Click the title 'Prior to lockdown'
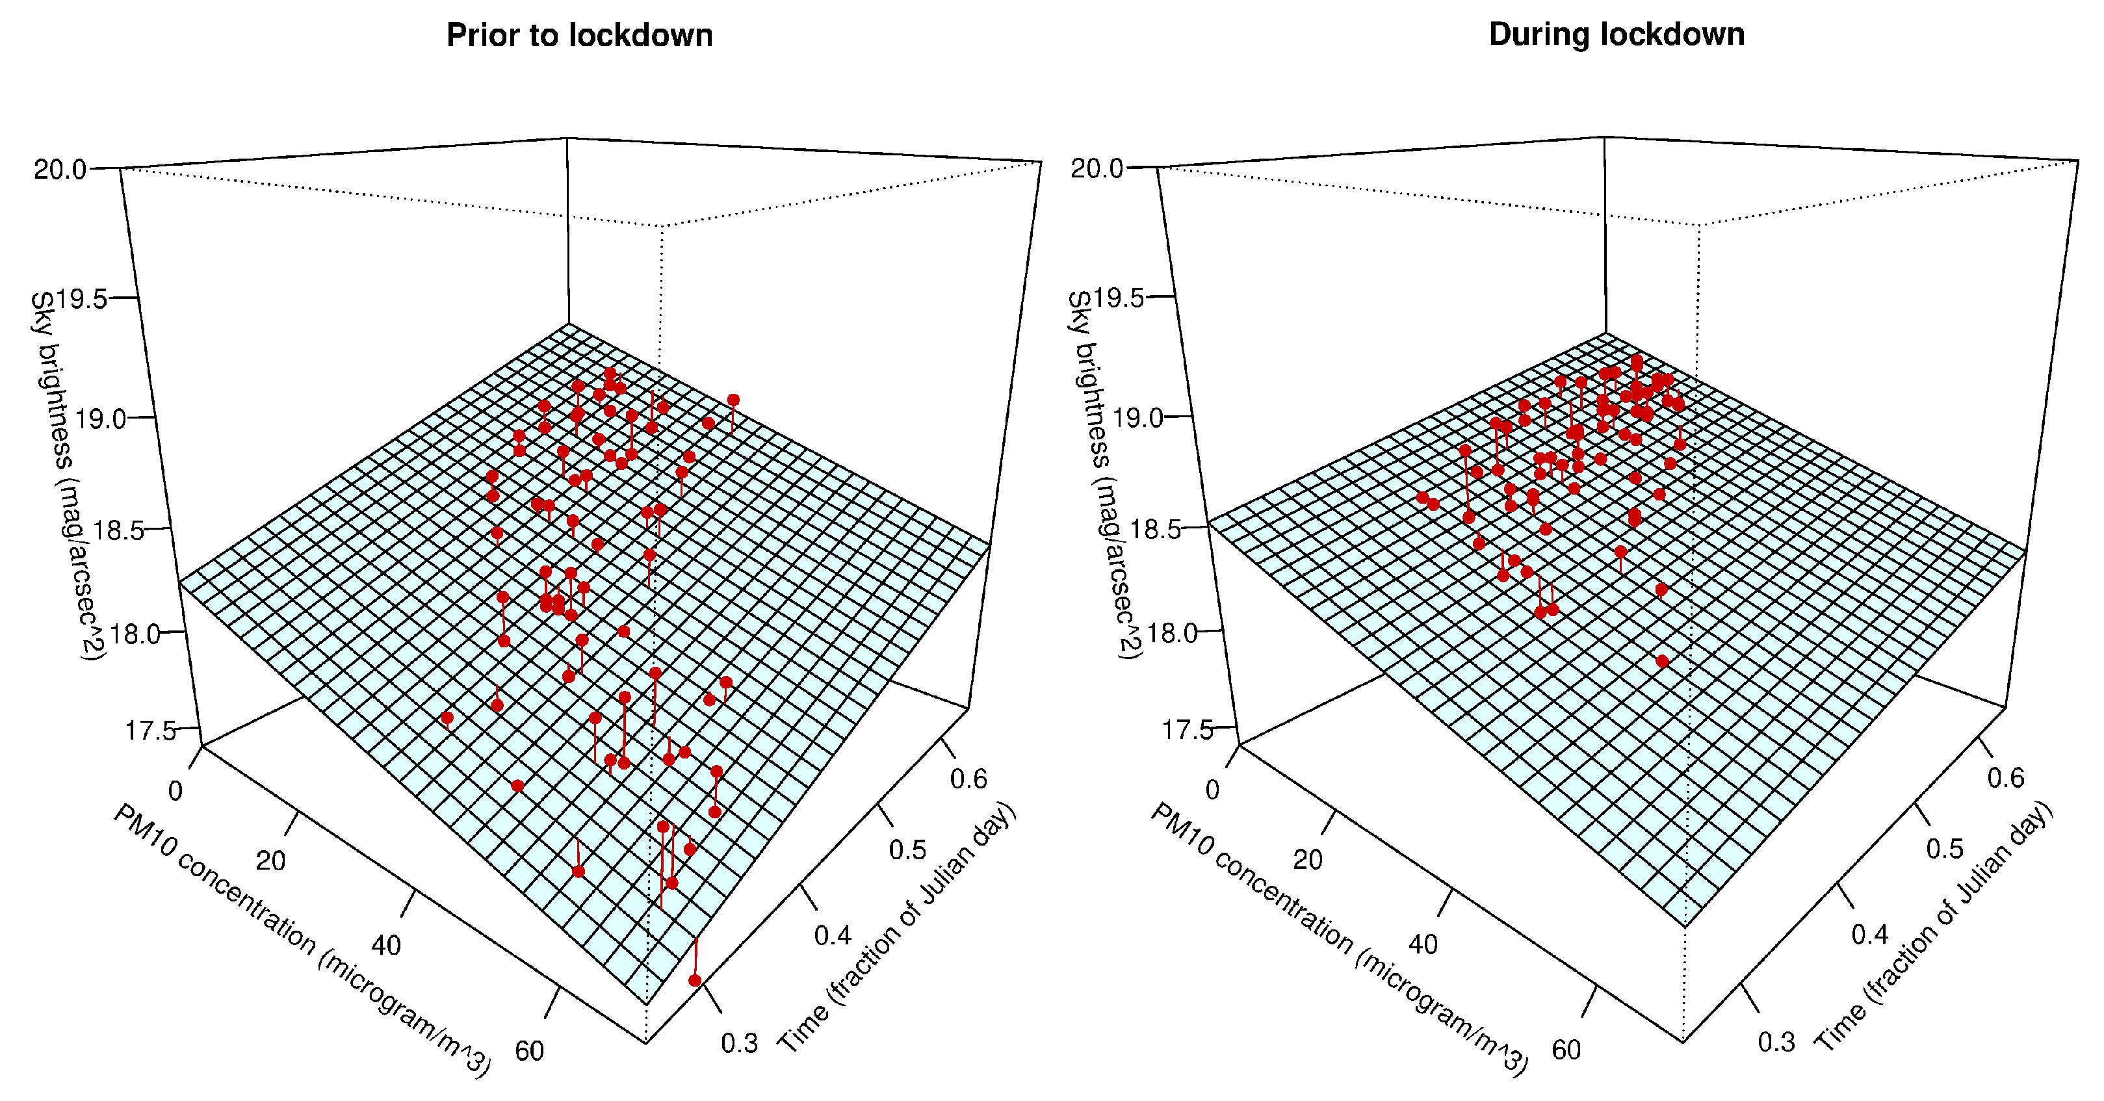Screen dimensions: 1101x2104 point(579,36)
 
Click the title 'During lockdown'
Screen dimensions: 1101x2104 point(1617,35)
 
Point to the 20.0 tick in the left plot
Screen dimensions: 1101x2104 point(60,169)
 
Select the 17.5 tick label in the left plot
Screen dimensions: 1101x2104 point(150,730)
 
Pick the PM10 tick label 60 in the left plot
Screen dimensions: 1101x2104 point(529,1050)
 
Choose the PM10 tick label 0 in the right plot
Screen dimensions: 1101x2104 point(1212,790)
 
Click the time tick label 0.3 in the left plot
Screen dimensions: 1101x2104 point(739,1043)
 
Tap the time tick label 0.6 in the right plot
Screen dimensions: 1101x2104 point(2006,777)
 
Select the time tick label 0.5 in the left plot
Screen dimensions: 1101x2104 point(907,850)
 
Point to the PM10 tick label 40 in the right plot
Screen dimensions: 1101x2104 point(1423,945)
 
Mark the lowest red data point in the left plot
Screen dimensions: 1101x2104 point(695,980)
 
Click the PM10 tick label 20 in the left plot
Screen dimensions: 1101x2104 point(270,861)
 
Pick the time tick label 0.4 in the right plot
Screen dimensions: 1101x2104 point(1869,935)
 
